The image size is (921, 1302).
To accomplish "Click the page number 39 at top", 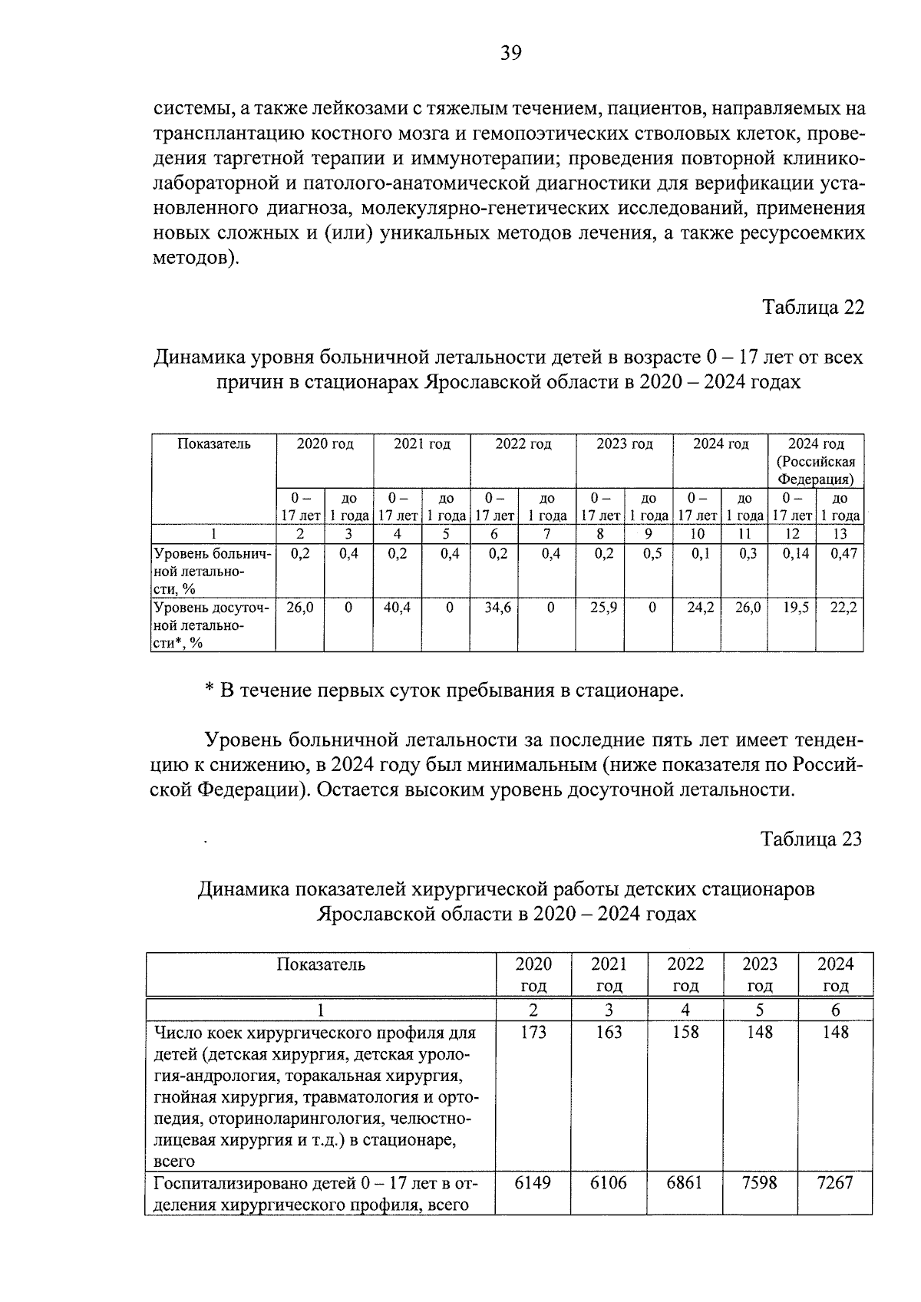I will click(511, 53).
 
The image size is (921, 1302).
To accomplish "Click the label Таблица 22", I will click(813, 307).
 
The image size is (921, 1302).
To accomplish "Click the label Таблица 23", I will click(811, 839).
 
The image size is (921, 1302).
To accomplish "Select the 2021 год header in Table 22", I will click(421, 444).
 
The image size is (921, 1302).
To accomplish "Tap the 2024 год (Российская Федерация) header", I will click(816, 461).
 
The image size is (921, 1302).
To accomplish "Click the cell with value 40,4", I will click(397, 608).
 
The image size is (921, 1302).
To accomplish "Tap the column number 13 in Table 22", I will click(839, 534).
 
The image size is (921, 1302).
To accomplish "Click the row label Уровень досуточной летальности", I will click(212, 625).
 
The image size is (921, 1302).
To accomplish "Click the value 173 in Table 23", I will click(533, 1032).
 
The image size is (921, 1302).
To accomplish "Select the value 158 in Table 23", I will click(685, 1032).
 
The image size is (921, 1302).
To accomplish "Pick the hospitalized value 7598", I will click(760, 1183).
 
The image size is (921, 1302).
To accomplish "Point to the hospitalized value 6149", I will click(533, 1183).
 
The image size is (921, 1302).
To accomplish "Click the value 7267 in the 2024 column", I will click(835, 1183).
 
